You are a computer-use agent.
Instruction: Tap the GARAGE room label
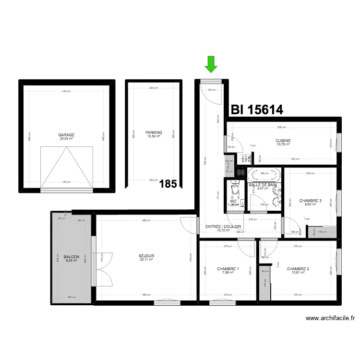click(66, 135)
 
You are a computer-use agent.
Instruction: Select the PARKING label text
click(154, 132)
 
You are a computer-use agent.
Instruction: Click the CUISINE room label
click(283, 141)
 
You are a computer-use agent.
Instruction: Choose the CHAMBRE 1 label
click(228, 269)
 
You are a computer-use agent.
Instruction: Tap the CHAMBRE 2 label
click(298, 269)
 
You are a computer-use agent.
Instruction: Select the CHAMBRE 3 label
click(310, 201)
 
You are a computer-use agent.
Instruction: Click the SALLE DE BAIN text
click(263, 185)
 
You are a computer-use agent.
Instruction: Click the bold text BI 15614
click(257, 110)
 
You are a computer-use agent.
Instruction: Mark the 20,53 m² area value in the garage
click(66, 139)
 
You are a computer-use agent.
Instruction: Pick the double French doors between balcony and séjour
click(104, 269)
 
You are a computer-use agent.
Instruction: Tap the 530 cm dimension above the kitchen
click(281, 127)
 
